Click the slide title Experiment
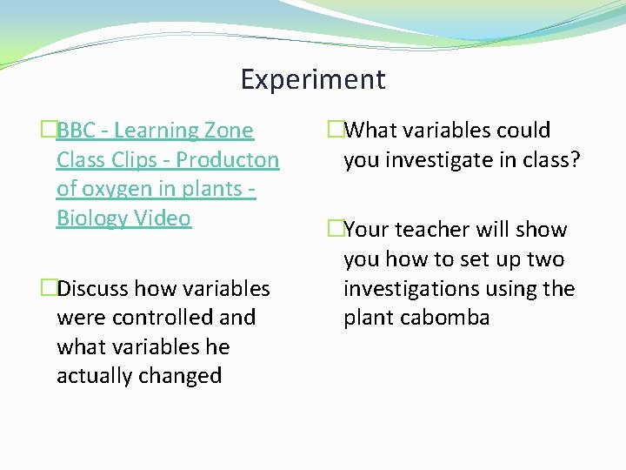[313, 80]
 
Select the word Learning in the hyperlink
[157, 131]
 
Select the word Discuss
[95, 289]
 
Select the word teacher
[438, 230]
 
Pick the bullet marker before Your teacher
[336, 230]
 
